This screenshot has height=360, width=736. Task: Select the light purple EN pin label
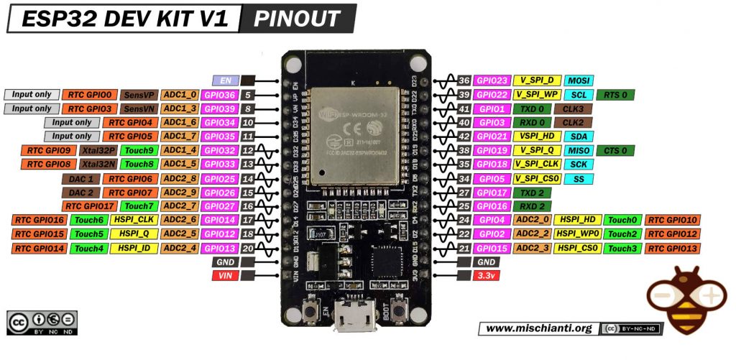click(225, 80)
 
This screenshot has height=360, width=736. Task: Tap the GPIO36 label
click(219, 95)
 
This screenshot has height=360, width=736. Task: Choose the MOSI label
click(578, 80)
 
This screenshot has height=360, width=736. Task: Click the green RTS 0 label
click(614, 95)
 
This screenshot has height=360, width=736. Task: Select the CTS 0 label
click(614, 150)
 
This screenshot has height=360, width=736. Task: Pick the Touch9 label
click(138, 150)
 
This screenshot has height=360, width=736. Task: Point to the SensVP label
click(137, 95)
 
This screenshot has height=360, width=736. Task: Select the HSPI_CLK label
click(133, 220)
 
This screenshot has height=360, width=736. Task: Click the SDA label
click(578, 137)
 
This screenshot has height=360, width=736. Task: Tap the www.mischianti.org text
click(538, 328)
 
